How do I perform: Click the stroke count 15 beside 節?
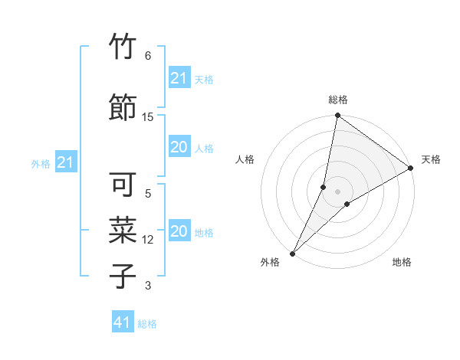tap(148, 116)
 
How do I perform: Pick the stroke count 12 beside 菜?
tap(148, 240)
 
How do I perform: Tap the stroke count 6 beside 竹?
tap(148, 56)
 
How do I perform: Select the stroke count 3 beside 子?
tap(148, 286)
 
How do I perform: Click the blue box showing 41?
tap(123, 322)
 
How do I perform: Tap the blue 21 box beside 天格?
tap(179, 78)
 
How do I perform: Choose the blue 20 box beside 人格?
tap(179, 147)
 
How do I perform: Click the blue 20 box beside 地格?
tap(179, 231)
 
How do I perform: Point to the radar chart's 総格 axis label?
tap(338, 100)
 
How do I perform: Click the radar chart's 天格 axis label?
tap(431, 159)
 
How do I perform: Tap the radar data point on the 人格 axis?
tap(324, 186)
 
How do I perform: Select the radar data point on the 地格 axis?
tap(347, 204)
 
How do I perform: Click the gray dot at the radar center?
tap(337, 191)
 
